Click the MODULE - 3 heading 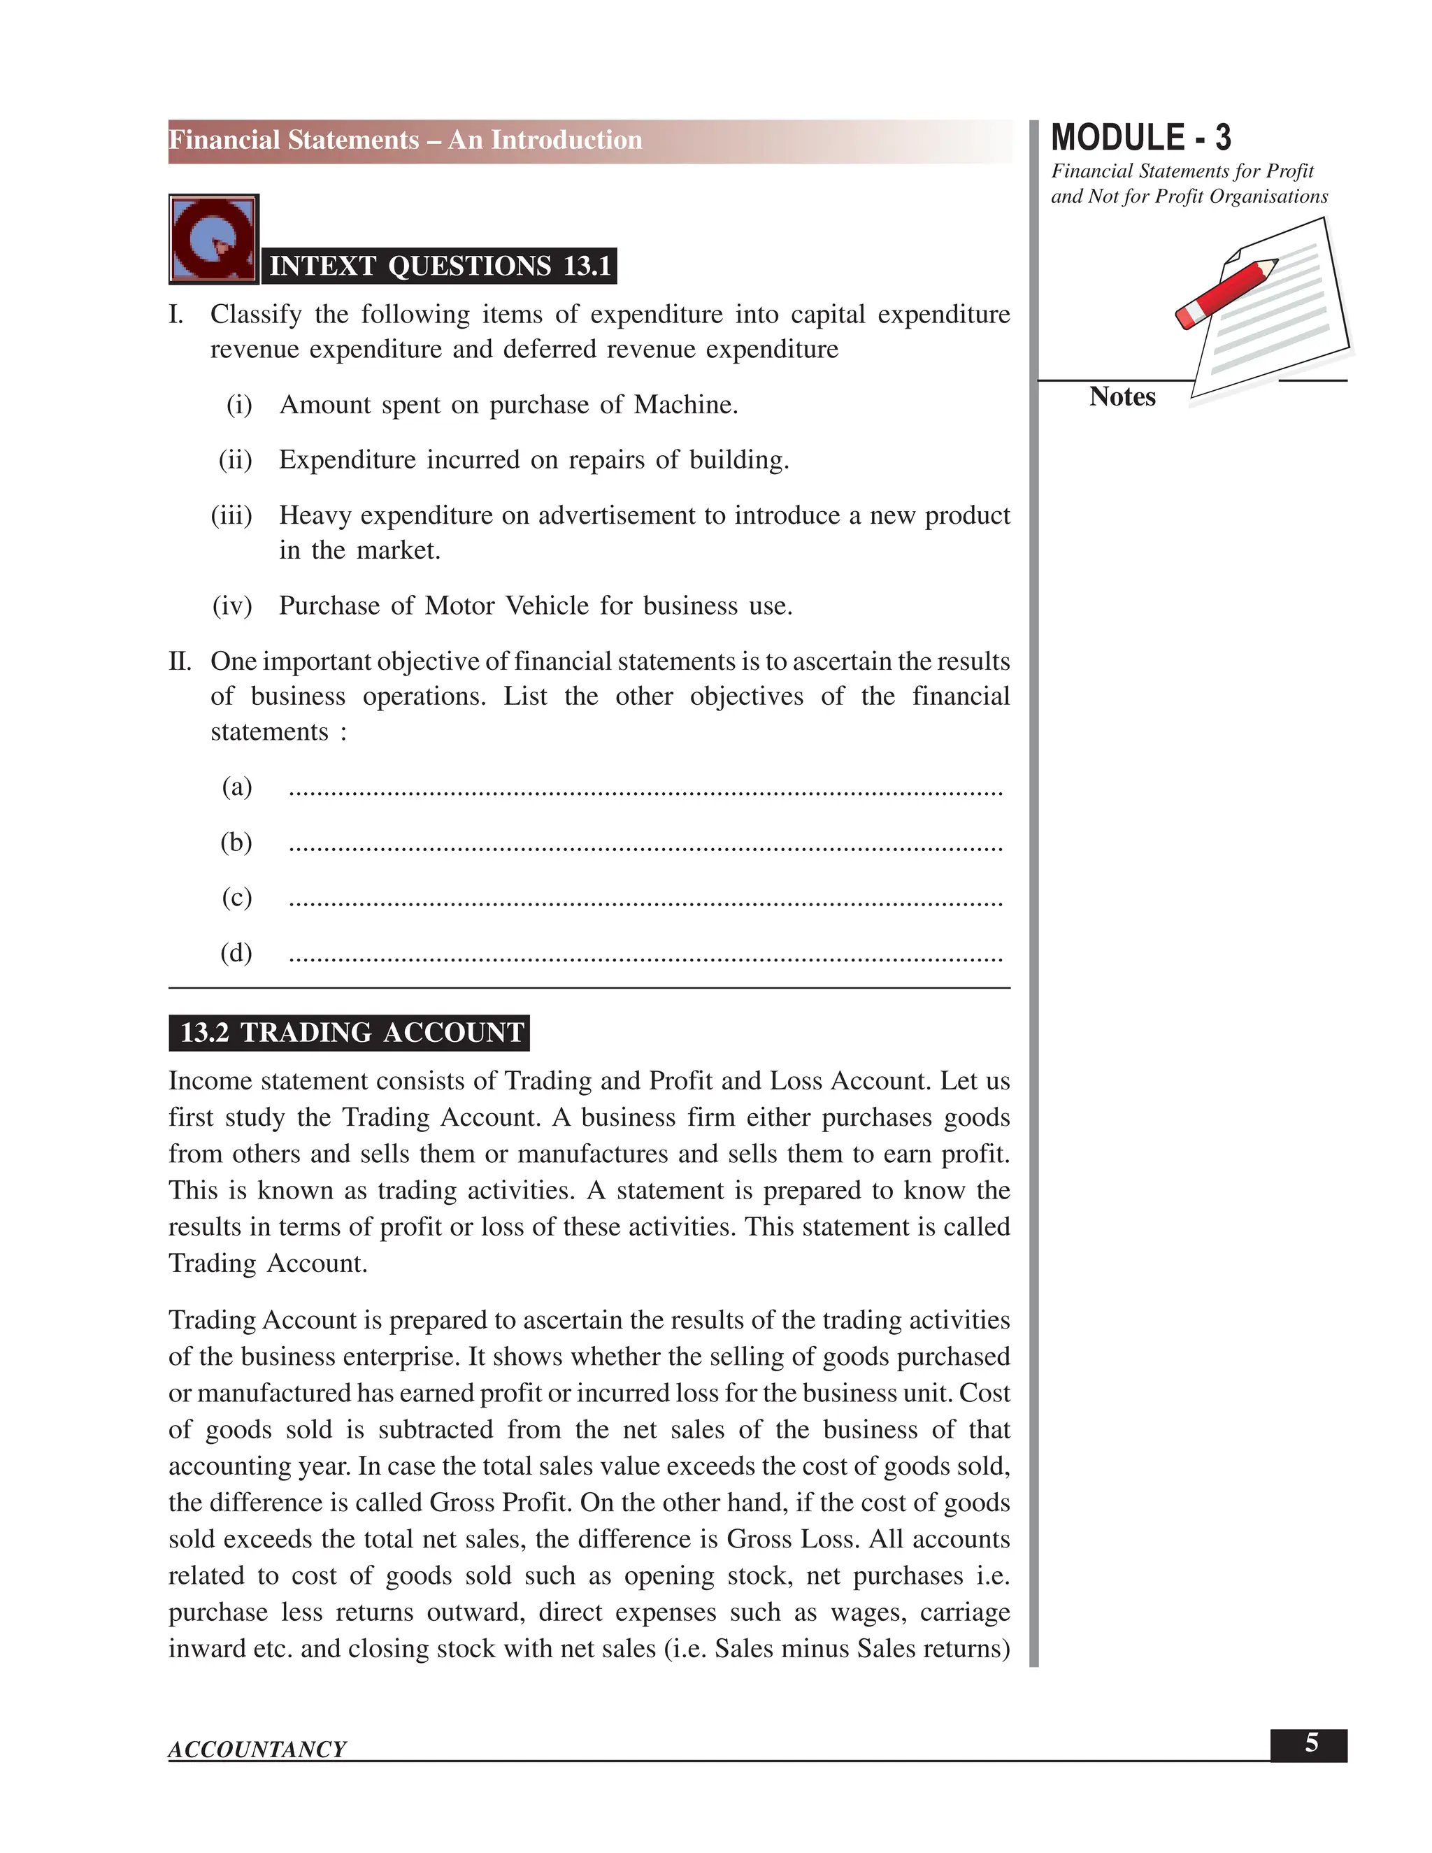(1140, 138)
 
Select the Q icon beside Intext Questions (214, 239)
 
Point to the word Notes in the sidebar (1122, 396)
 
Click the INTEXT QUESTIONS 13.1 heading (439, 266)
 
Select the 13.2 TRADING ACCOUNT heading (350, 1033)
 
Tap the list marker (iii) (231, 515)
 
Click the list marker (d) (236, 953)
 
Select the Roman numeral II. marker (180, 661)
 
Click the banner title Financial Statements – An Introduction (406, 140)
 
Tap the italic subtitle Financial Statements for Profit (1182, 171)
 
